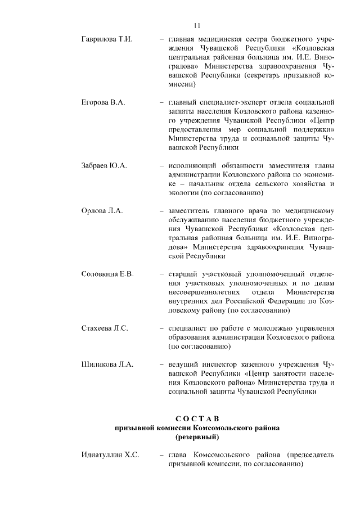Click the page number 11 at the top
coord(197,25)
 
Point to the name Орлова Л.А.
coord(102,210)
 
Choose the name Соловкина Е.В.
coord(108,273)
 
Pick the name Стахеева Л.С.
coord(105,327)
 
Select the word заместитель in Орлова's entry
coord(191,210)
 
